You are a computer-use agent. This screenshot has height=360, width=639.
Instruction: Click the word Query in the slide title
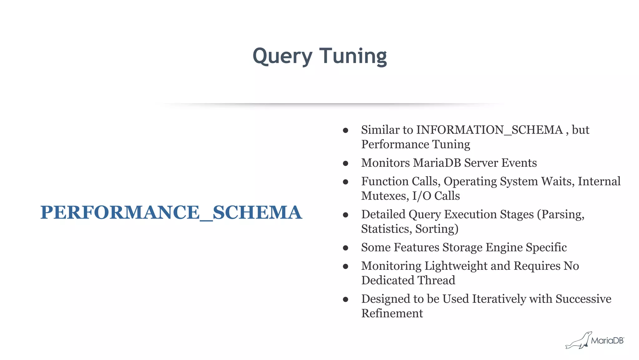tap(282, 56)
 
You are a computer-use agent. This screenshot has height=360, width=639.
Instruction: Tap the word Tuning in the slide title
tap(353, 56)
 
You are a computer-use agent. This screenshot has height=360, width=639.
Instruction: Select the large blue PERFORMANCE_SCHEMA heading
tap(171, 212)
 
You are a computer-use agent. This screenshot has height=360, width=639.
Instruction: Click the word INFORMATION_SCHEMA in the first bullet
tap(490, 130)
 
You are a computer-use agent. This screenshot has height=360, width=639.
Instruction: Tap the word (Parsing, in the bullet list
tap(561, 215)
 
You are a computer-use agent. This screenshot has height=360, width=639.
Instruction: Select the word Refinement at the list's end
tap(392, 313)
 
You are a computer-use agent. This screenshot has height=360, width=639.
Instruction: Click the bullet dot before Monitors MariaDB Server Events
tap(345, 163)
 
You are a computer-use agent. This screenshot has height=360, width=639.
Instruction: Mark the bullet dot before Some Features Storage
tap(345, 248)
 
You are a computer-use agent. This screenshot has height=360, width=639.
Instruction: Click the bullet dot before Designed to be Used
tap(345, 299)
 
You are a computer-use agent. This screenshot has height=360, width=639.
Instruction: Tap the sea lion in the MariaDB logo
tap(578, 341)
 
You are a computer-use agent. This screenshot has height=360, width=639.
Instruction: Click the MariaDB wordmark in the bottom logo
tap(607, 341)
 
